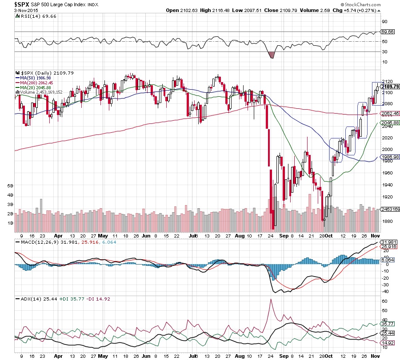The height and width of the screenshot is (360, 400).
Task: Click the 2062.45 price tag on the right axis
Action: [x=389, y=114]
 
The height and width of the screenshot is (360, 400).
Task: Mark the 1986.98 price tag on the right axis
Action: [x=389, y=157]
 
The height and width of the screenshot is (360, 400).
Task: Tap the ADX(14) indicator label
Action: [x=28, y=300]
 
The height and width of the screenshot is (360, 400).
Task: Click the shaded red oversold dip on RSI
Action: [x=272, y=55]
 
